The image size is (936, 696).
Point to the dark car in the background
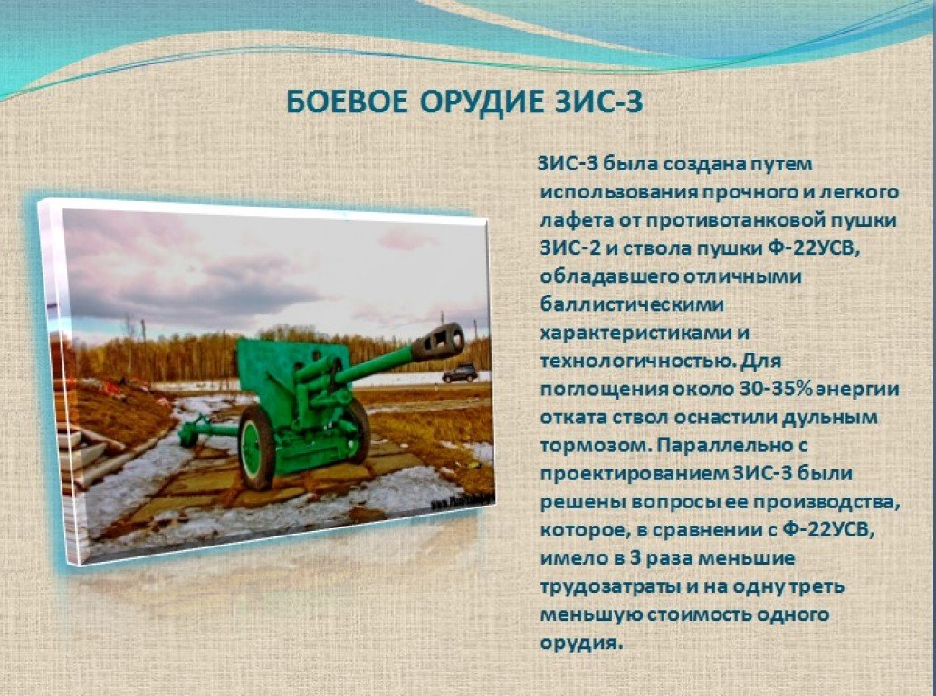click(460, 374)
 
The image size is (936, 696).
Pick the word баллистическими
click(632, 304)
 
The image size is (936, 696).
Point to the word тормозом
click(593, 446)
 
